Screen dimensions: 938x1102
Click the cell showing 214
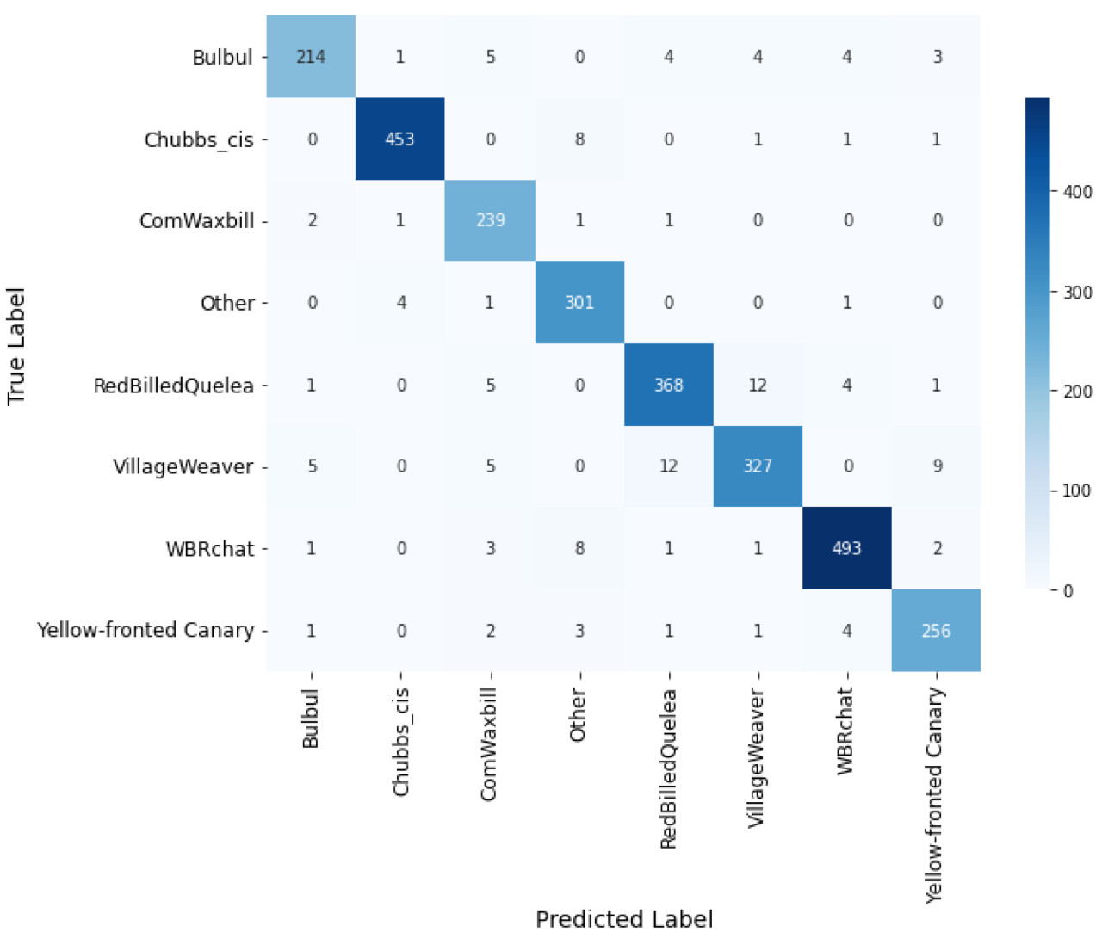tap(311, 57)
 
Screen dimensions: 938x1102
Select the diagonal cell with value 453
tap(399, 139)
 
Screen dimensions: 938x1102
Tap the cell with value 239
tap(490, 220)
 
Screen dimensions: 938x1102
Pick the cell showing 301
tap(579, 302)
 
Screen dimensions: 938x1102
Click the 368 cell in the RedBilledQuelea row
tap(668, 385)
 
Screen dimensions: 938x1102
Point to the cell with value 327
tap(758, 466)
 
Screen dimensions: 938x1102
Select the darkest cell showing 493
tap(846, 548)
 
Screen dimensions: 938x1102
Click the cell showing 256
tap(936, 631)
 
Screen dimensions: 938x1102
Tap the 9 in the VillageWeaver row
tap(937, 466)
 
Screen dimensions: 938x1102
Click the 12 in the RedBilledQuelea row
tap(758, 385)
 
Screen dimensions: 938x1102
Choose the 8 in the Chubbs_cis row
tap(579, 139)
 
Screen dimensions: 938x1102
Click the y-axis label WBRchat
tap(210, 549)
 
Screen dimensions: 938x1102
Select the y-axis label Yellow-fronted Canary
tap(145, 631)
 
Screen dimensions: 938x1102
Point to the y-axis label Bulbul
tap(222, 58)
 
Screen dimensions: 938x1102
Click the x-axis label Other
tap(578, 715)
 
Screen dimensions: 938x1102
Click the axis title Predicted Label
tap(624, 919)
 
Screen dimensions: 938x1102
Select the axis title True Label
tap(16, 346)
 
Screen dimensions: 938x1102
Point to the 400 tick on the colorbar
tap(1077, 192)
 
